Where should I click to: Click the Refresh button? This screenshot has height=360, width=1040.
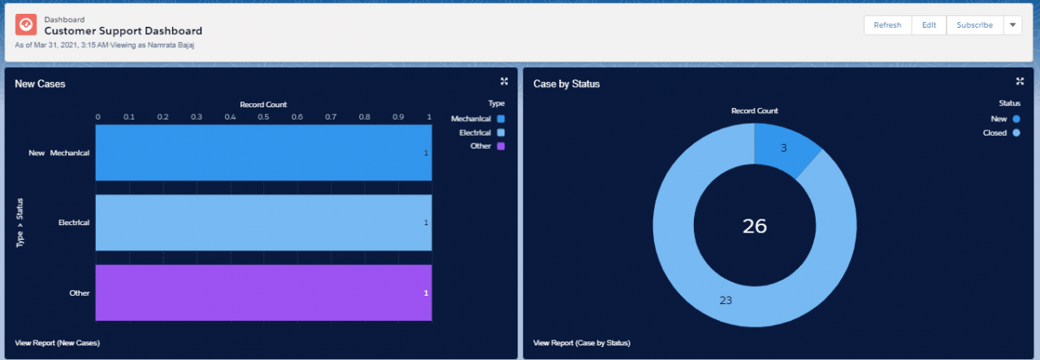point(887,25)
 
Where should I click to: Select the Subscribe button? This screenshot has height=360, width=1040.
point(974,25)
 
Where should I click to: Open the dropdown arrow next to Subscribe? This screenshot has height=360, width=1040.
point(1012,25)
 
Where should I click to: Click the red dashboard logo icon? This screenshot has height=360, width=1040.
point(26,25)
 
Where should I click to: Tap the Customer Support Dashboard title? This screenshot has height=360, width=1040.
point(123,31)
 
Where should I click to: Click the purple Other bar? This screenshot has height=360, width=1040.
point(263,293)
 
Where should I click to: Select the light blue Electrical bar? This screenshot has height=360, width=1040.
point(263,223)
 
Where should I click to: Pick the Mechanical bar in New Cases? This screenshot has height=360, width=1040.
point(263,153)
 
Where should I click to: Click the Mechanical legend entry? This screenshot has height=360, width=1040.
point(478,119)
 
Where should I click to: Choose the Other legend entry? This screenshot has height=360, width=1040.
point(487,146)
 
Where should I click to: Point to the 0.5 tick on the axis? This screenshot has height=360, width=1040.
point(264,117)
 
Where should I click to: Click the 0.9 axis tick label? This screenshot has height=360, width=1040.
point(397,117)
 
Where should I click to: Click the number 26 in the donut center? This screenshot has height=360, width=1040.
point(755,226)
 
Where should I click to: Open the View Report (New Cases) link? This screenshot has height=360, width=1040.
point(57,343)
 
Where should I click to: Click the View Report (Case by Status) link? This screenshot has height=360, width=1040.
point(582,343)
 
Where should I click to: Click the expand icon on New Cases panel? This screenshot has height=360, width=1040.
point(505,81)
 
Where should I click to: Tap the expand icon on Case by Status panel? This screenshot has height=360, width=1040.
point(1020,81)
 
